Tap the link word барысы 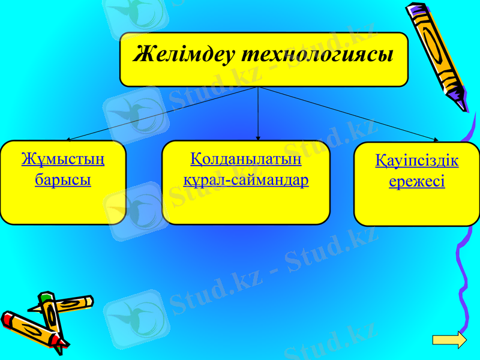63,180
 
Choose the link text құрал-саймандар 246,180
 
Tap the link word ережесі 417,182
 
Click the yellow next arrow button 449,340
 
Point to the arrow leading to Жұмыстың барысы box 162,113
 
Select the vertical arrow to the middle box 258,114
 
